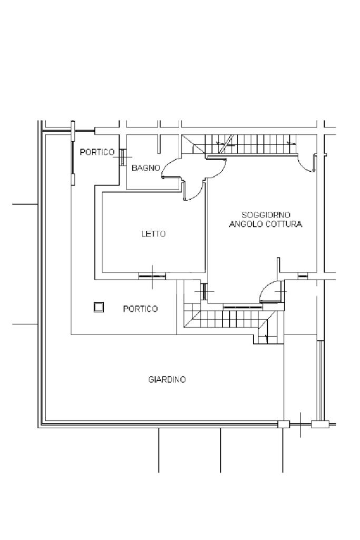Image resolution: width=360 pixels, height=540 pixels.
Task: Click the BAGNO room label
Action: (145, 168)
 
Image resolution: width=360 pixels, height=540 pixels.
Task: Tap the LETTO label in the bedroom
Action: (153, 234)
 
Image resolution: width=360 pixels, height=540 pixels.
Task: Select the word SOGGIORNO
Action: (266, 215)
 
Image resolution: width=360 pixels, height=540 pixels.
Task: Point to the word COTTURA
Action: (285, 224)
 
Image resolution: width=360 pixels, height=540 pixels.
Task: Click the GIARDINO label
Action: (167, 379)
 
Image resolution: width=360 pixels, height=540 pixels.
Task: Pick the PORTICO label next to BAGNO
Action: (97, 152)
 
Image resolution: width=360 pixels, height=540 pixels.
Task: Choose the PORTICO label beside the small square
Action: (140, 309)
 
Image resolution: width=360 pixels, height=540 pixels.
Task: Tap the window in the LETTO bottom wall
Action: (152, 276)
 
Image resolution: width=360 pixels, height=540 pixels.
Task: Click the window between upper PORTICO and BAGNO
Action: (122, 157)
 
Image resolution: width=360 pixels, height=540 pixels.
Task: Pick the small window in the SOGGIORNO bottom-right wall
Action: (303, 276)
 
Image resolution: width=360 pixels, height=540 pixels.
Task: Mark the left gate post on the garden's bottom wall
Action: (284, 424)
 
